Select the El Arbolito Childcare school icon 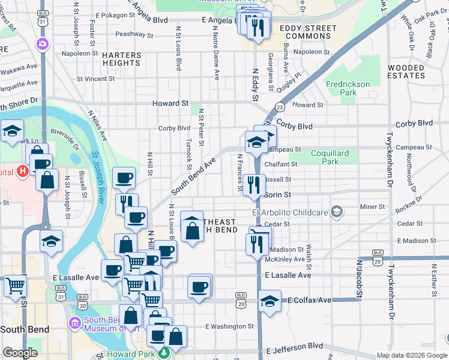[x=337, y=211]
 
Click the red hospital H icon [x=23, y=172]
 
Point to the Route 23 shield [x=280, y=107]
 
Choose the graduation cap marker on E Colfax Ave [x=270, y=301]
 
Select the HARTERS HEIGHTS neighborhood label [x=121, y=59]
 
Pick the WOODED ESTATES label [x=406, y=71]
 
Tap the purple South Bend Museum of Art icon [x=76, y=323]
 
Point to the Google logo [x=20, y=353]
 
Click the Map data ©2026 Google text [x=411, y=355]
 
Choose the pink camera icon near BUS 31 [x=42, y=43]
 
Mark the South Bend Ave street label [x=193, y=176]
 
